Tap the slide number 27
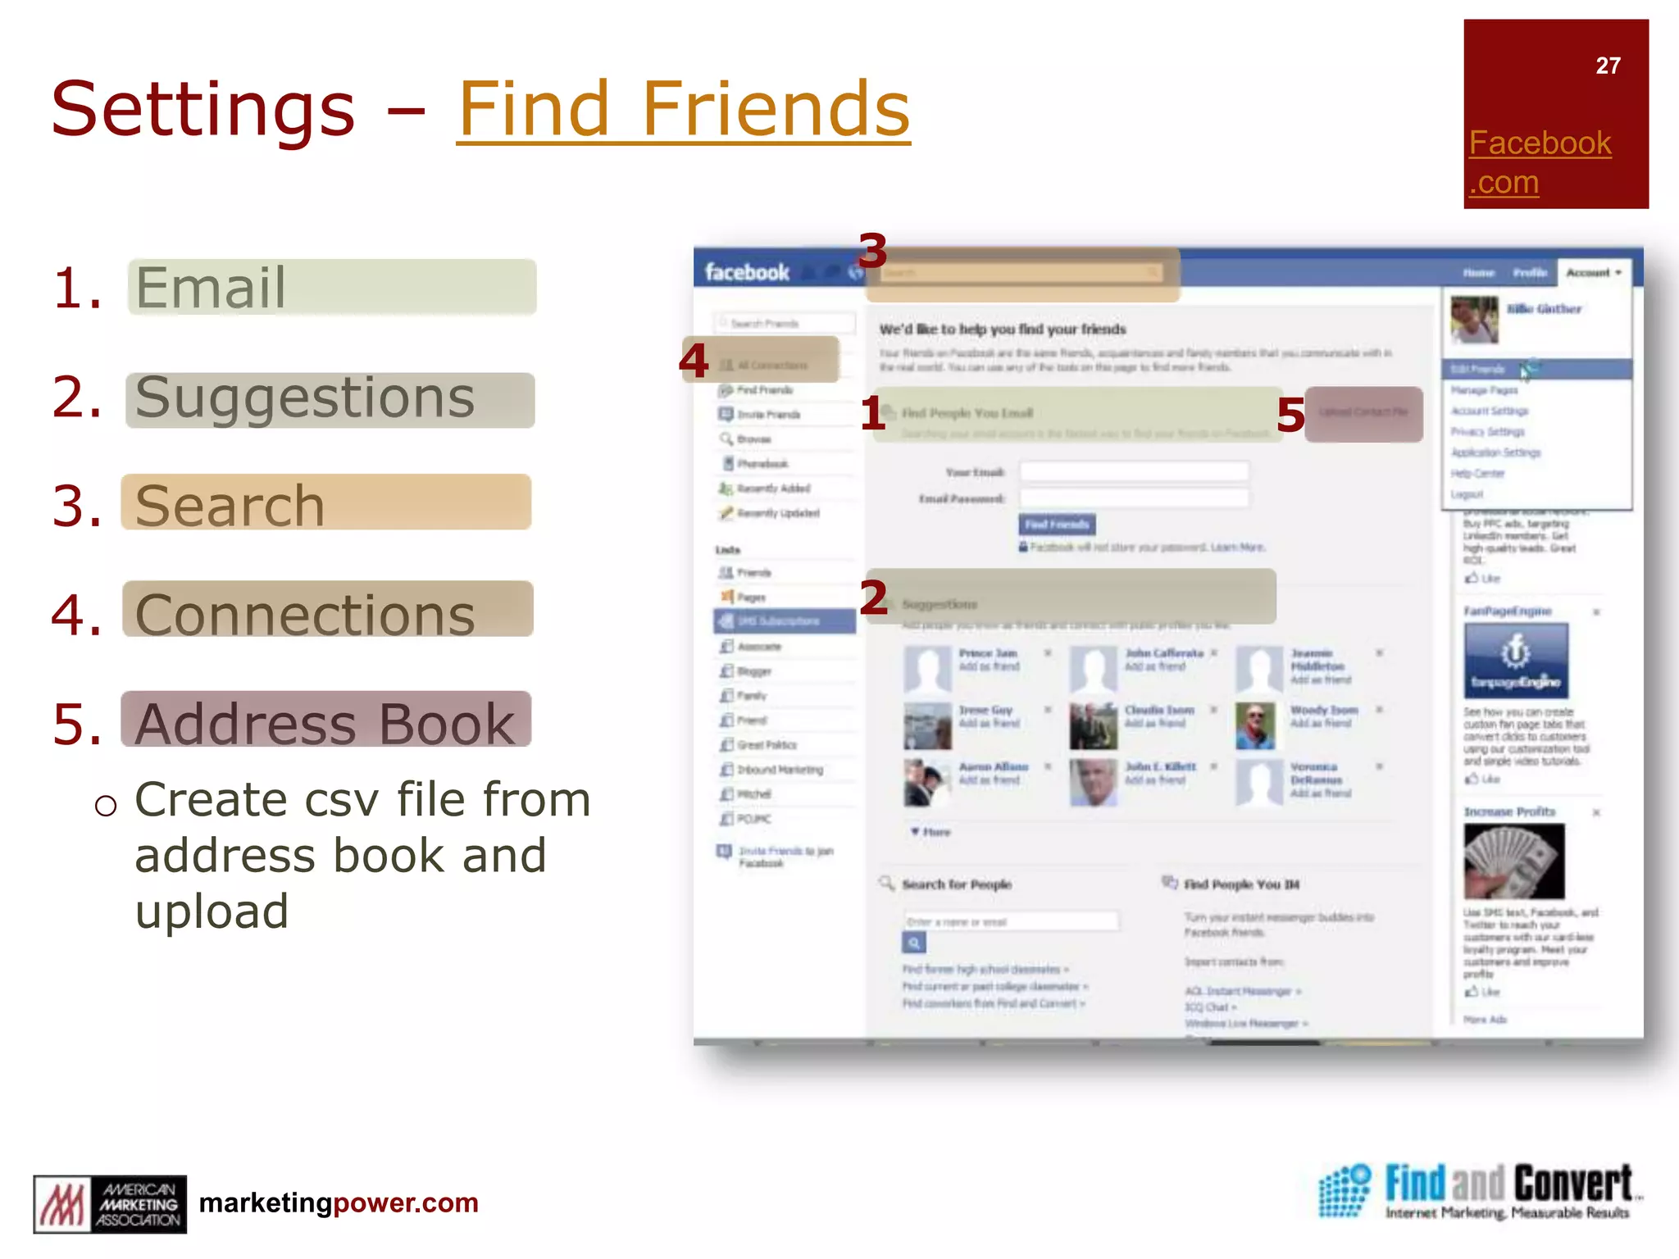pyautogui.click(x=1608, y=66)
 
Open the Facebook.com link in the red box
pyautogui.click(x=1540, y=162)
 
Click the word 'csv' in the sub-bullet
pyautogui.click(x=345, y=799)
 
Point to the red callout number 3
pyautogui.click(x=872, y=251)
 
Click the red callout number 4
pyautogui.click(x=694, y=361)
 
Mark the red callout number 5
pyautogui.click(x=1290, y=415)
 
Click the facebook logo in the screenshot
pyautogui.click(x=747, y=272)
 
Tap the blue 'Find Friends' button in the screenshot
pyautogui.click(x=1057, y=524)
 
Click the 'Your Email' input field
pyautogui.click(x=1134, y=471)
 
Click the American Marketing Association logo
pyautogui.click(x=110, y=1204)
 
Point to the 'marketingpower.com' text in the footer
pyautogui.click(x=339, y=1202)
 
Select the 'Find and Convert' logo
pyautogui.click(x=1475, y=1190)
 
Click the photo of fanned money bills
pyautogui.click(x=1513, y=861)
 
